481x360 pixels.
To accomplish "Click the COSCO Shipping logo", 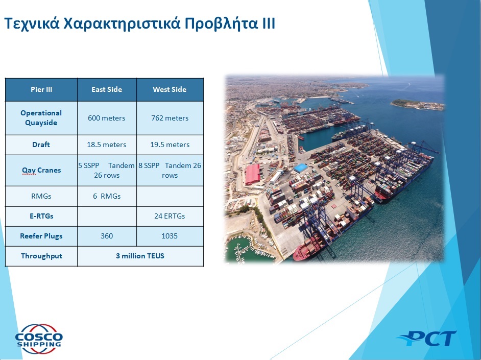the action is [x=39, y=339].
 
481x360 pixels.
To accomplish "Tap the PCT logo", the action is [x=427, y=339].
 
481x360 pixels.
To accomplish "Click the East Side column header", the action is [x=107, y=89].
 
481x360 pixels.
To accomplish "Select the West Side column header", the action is [x=170, y=89].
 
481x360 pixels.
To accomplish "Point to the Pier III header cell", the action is [x=41, y=89].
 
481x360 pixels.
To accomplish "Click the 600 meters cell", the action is [x=107, y=118].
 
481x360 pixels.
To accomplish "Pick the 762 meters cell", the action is [x=170, y=118].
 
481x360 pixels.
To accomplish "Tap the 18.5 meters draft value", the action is [x=106, y=145].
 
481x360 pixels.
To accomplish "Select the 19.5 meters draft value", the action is [x=170, y=145].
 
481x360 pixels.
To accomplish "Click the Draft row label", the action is [x=41, y=145].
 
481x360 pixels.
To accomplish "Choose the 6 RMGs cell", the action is [x=107, y=196].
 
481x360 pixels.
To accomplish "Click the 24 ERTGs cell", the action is [x=170, y=216].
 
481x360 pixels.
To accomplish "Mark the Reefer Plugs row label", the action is [x=41, y=236].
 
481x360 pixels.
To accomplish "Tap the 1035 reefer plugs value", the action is [x=170, y=236].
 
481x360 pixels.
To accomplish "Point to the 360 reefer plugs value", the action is [x=107, y=236].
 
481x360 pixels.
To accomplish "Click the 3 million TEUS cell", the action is [x=140, y=256].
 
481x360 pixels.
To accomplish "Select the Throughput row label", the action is [x=41, y=256].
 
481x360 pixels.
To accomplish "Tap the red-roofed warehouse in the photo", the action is [x=253, y=174].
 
